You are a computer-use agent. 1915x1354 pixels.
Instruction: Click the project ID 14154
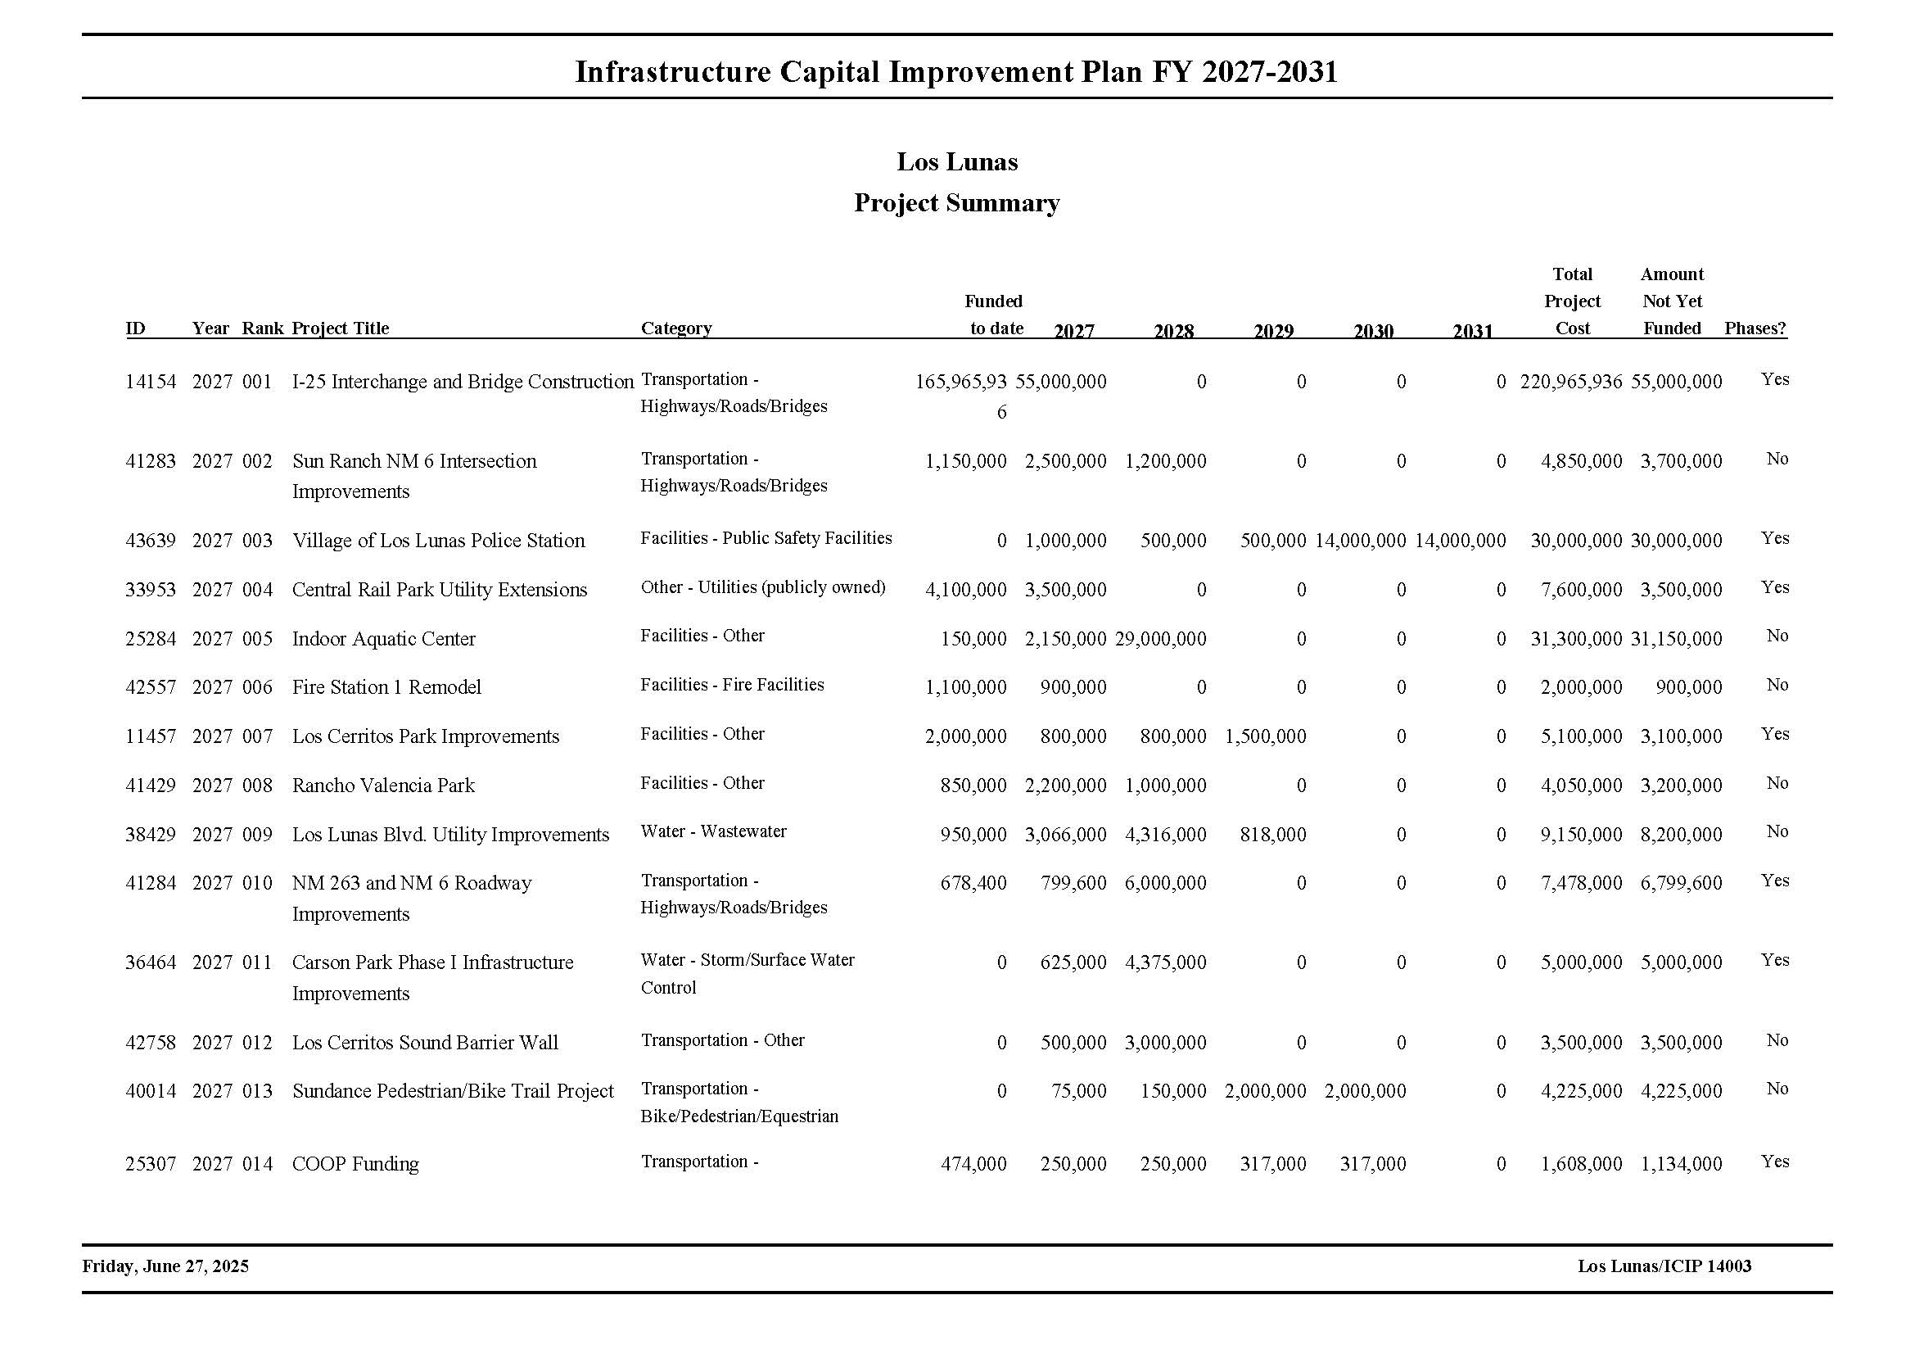(x=151, y=382)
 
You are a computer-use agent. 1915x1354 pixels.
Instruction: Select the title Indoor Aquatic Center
(x=384, y=639)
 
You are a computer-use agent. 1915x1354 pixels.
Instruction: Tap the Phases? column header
(x=1755, y=328)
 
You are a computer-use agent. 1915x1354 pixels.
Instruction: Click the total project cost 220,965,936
(x=1570, y=382)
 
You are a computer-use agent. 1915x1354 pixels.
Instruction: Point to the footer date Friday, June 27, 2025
(x=165, y=1266)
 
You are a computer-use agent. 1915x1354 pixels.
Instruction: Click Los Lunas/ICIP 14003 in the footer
(x=1664, y=1266)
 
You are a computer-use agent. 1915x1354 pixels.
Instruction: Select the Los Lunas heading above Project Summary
(x=956, y=162)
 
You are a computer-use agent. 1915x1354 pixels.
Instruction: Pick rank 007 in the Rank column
(x=257, y=736)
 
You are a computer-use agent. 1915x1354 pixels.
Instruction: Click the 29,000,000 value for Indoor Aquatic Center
(x=1160, y=639)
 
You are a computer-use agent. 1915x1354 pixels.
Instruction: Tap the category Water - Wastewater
(x=713, y=831)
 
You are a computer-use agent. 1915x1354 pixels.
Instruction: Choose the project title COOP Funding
(x=355, y=1164)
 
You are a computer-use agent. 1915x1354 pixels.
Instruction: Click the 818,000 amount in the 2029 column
(x=1273, y=835)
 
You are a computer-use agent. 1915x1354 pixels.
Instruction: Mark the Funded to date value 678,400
(x=973, y=884)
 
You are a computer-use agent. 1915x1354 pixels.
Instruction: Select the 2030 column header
(x=1373, y=331)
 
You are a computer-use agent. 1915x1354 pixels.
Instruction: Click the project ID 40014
(x=151, y=1091)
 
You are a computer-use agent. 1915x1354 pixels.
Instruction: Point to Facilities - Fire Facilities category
(x=731, y=685)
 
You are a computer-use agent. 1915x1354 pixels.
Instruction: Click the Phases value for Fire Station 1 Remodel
(x=1777, y=685)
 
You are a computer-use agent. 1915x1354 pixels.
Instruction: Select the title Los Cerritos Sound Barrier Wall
(x=425, y=1043)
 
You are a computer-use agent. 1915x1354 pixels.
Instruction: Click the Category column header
(x=675, y=328)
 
